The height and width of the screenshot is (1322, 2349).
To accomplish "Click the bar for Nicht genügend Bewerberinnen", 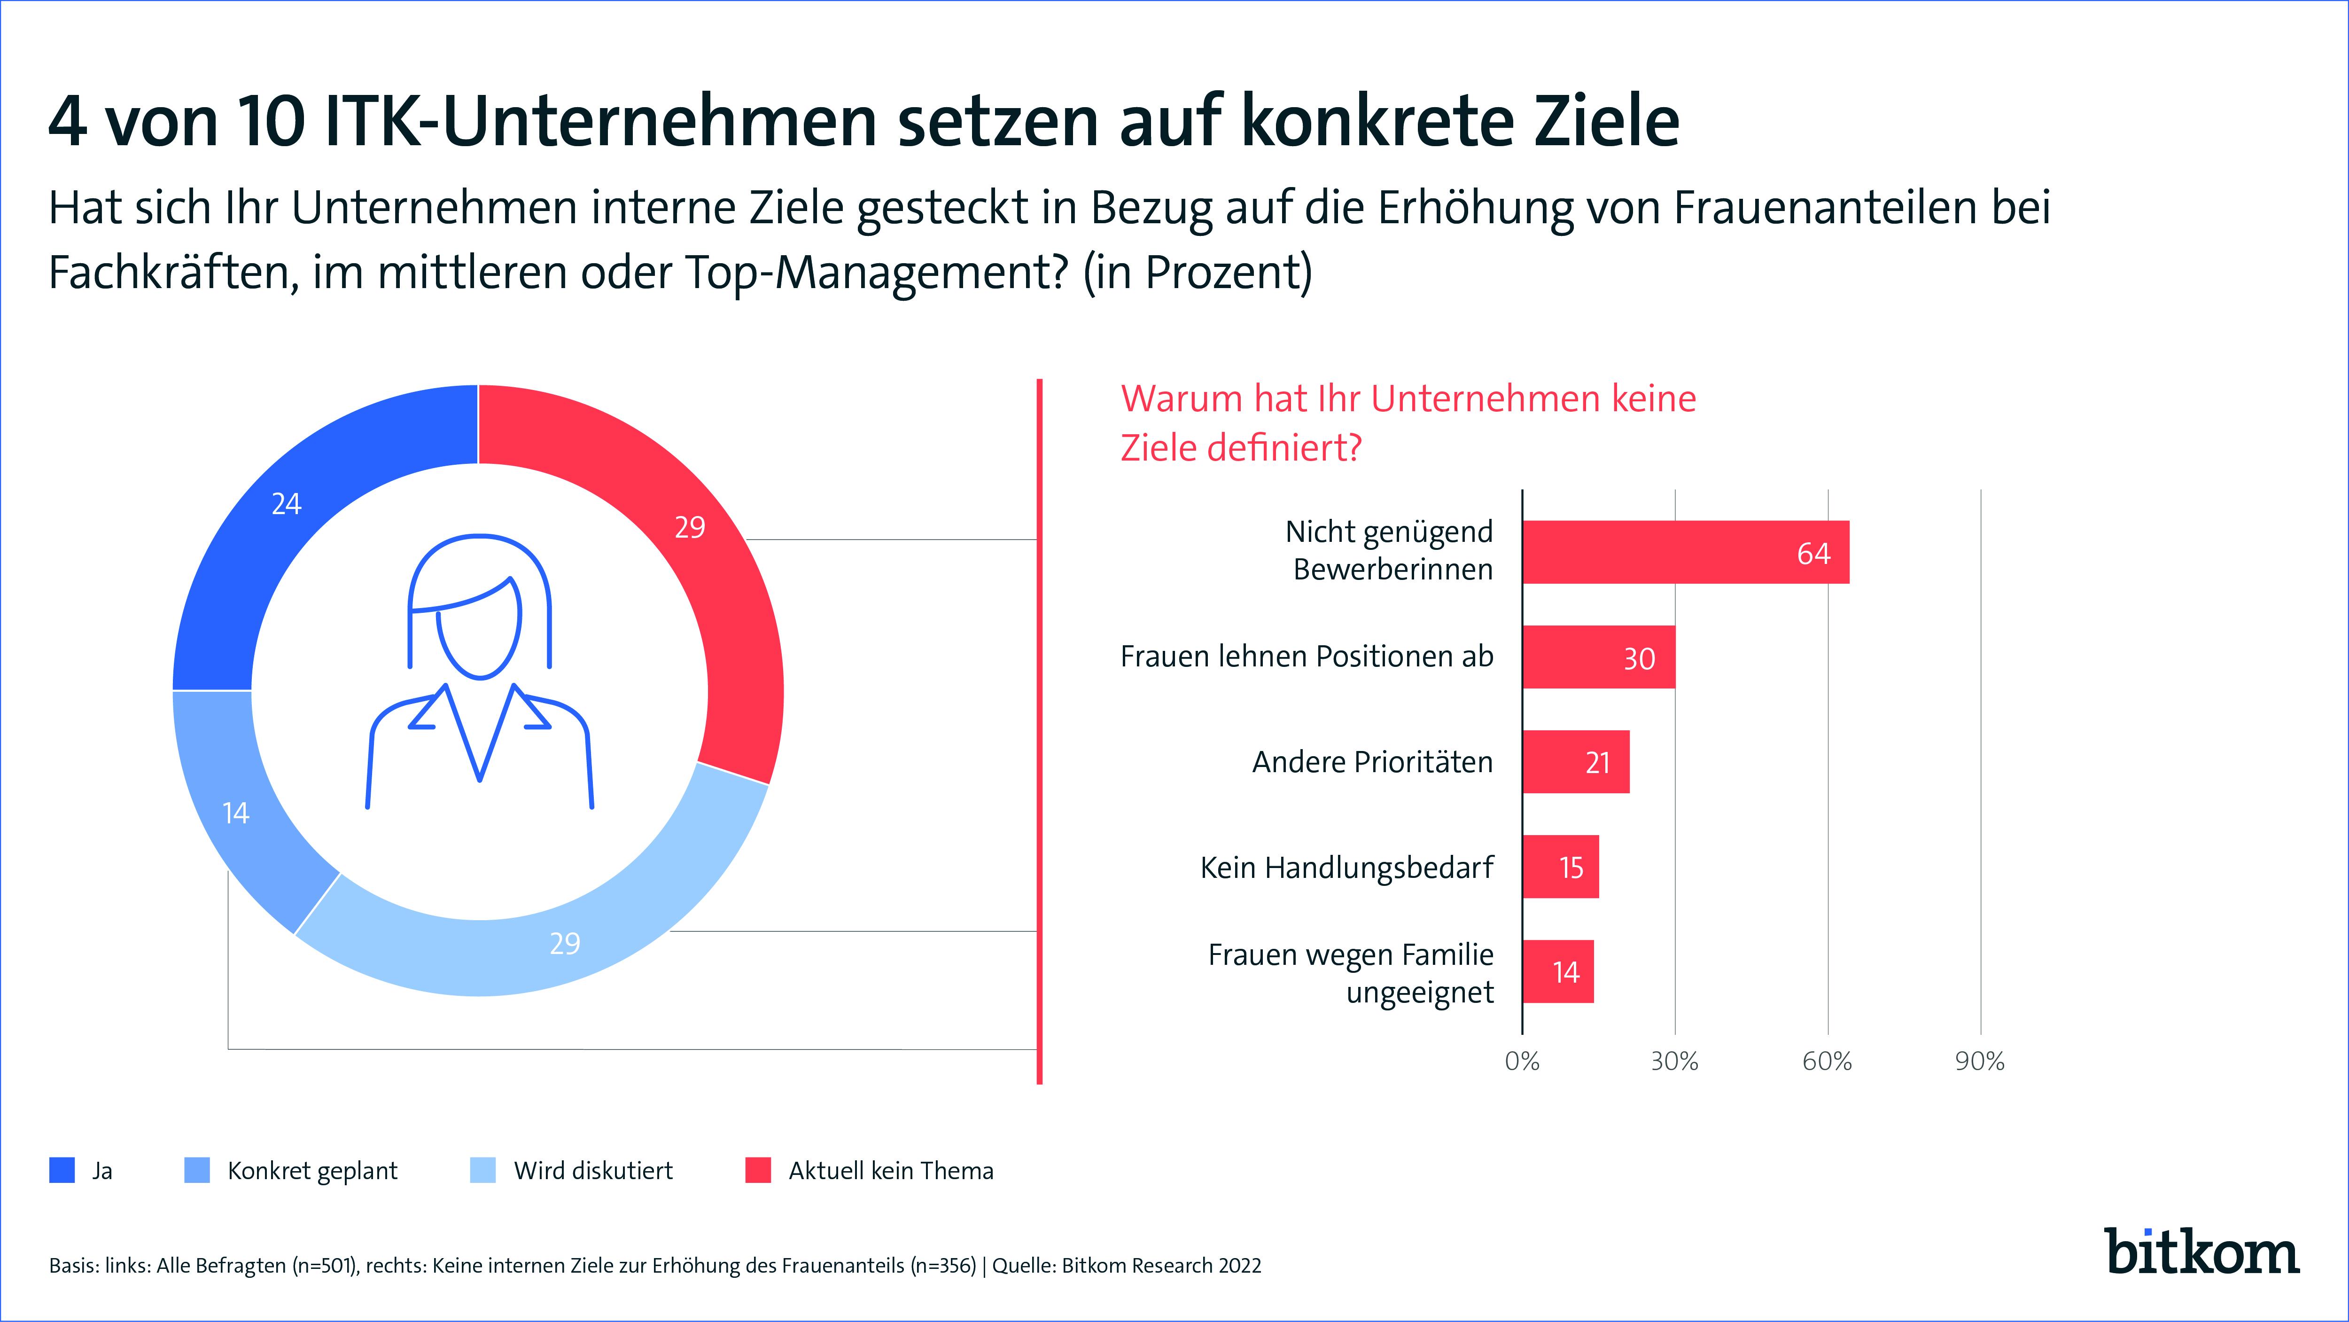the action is pos(1686,552).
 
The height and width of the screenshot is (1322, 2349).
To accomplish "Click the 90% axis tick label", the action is pos(1980,1061).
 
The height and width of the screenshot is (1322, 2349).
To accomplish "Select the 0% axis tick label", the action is pos(1522,1061).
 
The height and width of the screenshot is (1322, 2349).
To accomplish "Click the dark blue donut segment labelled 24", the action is pos(292,511).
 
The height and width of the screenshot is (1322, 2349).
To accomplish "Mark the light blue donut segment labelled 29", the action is pos(547,949).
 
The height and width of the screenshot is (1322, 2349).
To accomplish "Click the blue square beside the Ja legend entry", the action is pos(62,1171).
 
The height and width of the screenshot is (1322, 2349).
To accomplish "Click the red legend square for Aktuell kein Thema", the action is pos(758,1171).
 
